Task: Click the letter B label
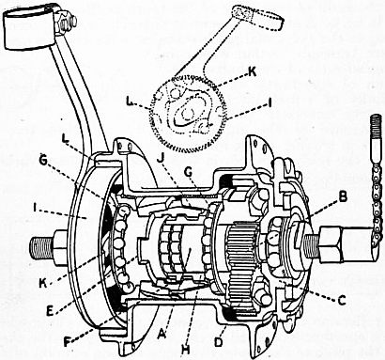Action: (343, 197)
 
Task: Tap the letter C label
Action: (342, 301)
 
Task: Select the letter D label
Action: (219, 341)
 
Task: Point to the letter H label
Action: (186, 350)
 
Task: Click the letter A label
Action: (162, 335)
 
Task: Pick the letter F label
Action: (68, 342)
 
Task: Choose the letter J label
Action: (161, 159)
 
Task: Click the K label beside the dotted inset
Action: (252, 71)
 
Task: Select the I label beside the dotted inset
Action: (270, 103)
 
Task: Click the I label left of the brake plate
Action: (36, 207)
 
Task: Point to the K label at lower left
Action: (43, 282)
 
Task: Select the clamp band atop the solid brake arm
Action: (30, 26)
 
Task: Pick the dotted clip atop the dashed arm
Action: (257, 18)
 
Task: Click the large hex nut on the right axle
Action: (331, 244)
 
